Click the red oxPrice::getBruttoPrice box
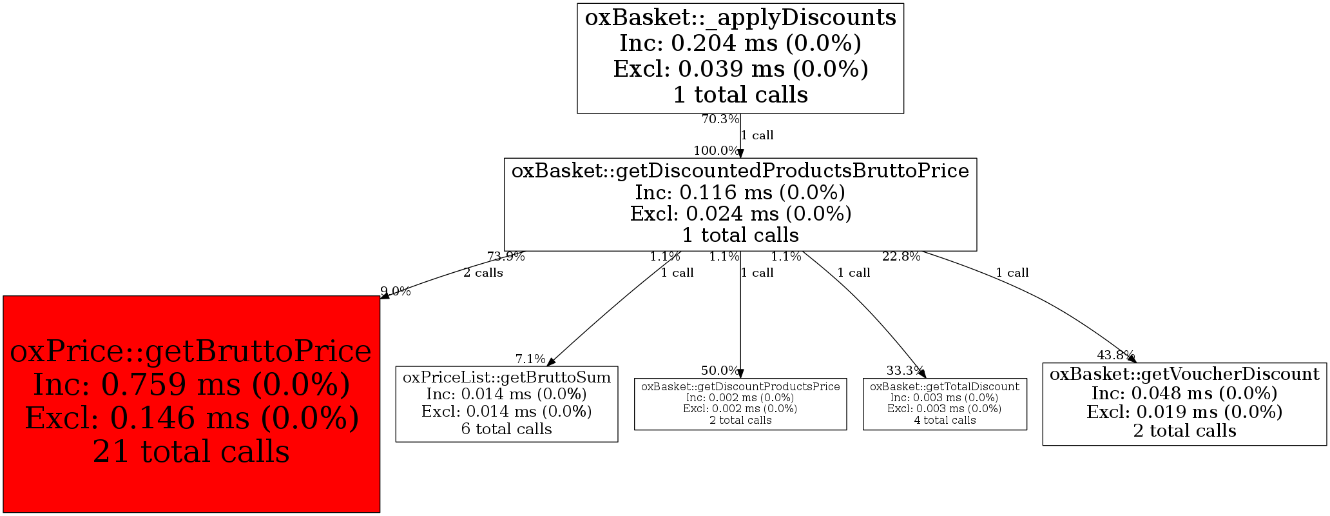tap(191, 404)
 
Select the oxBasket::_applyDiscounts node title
tap(740, 18)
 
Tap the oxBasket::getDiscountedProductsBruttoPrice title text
tap(740, 171)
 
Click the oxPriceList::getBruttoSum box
tap(506, 404)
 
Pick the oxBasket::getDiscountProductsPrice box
tap(740, 404)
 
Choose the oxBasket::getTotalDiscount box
tap(945, 404)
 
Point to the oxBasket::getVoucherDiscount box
tap(1184, 404)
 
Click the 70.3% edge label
tap(720, 119)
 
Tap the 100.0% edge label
tap(716, 151)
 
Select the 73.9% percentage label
tap(506, 257)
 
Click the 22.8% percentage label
tap(901, 257)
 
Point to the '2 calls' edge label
tap(483, 273)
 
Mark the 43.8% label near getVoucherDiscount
tap(1115, 355)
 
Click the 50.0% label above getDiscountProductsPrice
tap(720, 371)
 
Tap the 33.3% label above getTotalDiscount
tap(905, 371)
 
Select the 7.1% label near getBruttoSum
tap(530, 359)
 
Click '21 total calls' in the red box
tap(191, 451)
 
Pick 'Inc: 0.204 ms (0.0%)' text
tap(740, 43)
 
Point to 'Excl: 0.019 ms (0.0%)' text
tap(1184, 412)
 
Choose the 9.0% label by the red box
tap(396, 292)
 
